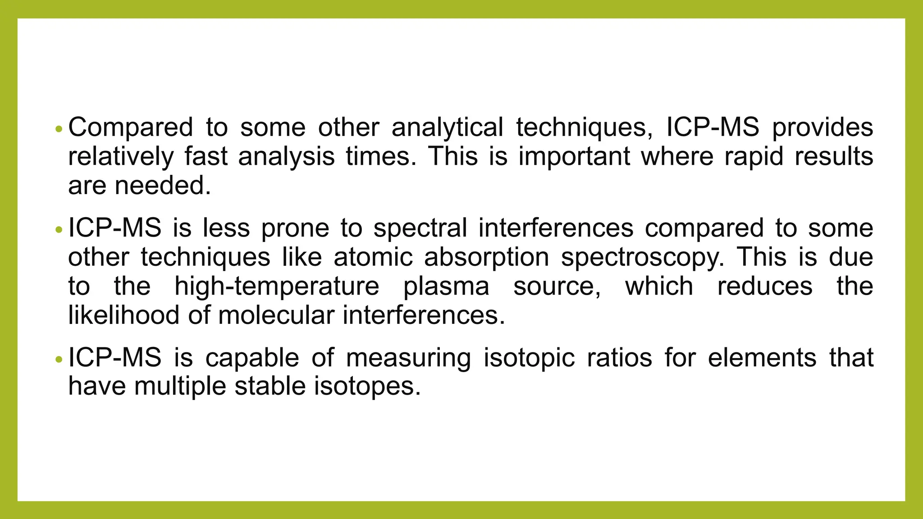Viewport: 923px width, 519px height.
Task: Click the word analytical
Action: coord(447,127)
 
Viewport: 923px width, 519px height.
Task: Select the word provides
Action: coord(822,127)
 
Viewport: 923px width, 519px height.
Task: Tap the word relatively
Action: coord(120,157)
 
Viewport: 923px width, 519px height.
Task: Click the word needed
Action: coord(163,186)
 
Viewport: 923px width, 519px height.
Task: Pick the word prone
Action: coord(295,228)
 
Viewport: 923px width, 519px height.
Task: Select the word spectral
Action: coord(420,228)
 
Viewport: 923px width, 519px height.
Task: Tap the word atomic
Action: coord(373,257)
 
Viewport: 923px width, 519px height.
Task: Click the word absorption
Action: coord(486,257)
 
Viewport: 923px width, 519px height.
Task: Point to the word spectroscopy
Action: coord(643,257)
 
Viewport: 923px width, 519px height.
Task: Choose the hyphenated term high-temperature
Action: coord(277,287)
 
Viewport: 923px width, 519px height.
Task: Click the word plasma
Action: coord(446,287)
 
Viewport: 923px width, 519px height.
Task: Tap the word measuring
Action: coord(408,358)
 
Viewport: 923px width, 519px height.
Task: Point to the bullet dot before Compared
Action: coord(57,129)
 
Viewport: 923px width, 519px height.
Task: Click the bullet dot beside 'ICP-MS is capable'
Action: coord(57,360)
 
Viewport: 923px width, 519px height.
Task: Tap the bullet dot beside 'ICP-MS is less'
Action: coord(57,230)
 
